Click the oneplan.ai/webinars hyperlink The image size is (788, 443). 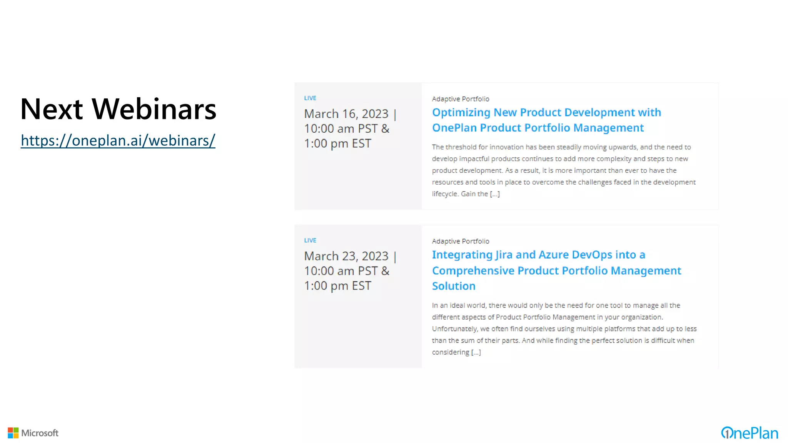pyautogui.click(x=118, y=141)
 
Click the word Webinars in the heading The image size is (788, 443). pyautogui.click(x=154, y=109)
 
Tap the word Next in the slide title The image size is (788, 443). pyautogui.click(x=51, y=109)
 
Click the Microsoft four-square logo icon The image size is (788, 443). pyautogui.click(x=13, y=433)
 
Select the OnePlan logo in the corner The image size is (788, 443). pyautogui.click(x=749, y=433)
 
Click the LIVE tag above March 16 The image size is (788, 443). pyautogui.click(x=310, y=98)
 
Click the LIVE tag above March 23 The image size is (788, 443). pyautogui.click(x=310, y=240)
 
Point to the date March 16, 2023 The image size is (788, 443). pyautogui.click(x=346, y=114)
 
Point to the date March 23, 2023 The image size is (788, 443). pyautogui.click(x=346, y=256)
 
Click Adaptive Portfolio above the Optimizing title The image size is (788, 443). pyautogui.click(x=460, y=99)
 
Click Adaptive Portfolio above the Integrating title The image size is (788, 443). pyautogui.click(x=460, y=241)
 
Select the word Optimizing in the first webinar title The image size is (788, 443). pyautogui.click(x=461, y=113)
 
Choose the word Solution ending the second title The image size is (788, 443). pyautogui.click(x=454, y=286)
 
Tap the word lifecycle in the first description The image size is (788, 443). pyautogui.click(x=445, y=194)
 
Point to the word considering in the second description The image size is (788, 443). pyautogui.click(x=450, y=352)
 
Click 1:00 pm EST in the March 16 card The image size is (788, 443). pyautogui.click(x=337, y=143)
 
